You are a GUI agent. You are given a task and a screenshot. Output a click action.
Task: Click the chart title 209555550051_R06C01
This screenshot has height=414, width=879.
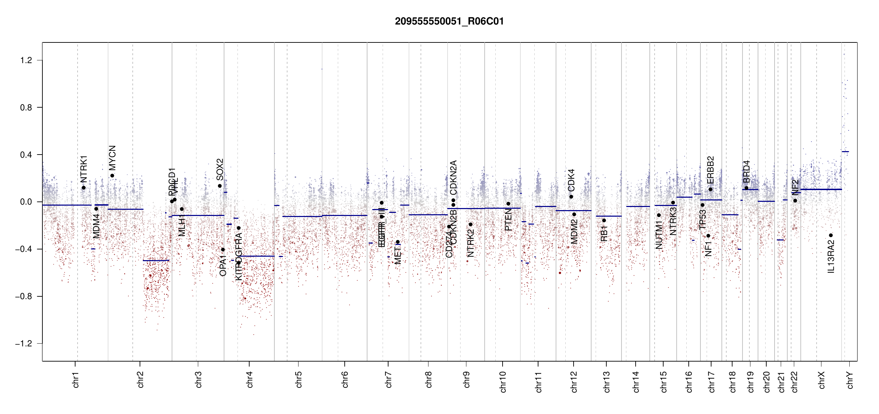coord(449,21)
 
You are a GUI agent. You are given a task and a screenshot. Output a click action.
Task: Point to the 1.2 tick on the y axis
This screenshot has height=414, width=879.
coord(26,60)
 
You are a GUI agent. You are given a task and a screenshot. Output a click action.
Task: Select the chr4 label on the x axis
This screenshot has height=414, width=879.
coord(250,379)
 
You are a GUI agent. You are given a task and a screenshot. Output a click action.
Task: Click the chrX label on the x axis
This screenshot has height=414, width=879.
coord(821,380)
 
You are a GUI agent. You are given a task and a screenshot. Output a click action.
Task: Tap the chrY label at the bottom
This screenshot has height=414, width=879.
coord(850,380)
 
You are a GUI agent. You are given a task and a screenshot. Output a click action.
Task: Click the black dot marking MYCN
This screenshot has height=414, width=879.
coord(112,176)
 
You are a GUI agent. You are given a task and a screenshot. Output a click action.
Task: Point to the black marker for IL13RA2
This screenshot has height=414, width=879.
coord(831,235)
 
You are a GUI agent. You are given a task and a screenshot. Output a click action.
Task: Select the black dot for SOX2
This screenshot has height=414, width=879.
coord(220,186)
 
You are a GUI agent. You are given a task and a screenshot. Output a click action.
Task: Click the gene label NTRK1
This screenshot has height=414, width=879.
coord(84,169)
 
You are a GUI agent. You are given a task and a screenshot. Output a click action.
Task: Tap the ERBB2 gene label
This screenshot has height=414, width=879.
coord(710,170)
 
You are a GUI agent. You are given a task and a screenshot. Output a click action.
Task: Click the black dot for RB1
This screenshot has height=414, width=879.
coord(604,220)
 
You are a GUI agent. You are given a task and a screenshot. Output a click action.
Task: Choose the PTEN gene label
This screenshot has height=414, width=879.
coord(508,219)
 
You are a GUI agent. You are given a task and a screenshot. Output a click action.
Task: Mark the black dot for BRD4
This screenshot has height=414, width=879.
coord(746,188)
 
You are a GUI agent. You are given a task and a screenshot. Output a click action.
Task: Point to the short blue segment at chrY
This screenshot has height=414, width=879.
coord(845,151)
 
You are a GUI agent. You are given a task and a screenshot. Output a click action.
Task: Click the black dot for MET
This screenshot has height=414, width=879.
coord(397,242)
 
